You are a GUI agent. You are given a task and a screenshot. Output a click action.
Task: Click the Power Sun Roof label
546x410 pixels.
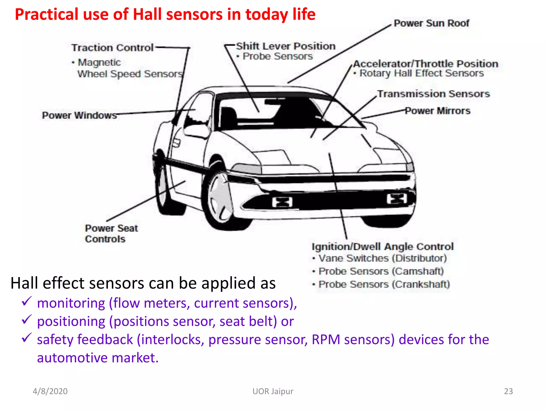click(x=431, y=23)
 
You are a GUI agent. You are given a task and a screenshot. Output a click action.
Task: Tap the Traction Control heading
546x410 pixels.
click(x=112, y=48)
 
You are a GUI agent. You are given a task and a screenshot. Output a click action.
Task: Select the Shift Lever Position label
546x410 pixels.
click(x=286, y=46)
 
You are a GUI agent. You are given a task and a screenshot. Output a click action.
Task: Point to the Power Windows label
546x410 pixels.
click(x=79, y=115)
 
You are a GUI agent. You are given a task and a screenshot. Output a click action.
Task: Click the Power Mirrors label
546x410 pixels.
click(x=437, y=111)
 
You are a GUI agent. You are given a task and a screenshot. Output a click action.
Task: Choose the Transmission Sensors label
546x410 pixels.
click(x=433, y=94)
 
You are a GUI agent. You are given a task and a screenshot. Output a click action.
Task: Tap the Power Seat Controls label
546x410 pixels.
click(x=111, y=234)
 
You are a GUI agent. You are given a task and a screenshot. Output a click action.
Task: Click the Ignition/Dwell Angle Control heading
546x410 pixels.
click(x=383, y=247)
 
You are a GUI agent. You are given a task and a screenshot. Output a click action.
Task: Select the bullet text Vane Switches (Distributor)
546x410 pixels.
click(x=382, y=258)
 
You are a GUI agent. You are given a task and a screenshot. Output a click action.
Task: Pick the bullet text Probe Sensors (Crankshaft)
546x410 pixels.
click(x=384, y=284)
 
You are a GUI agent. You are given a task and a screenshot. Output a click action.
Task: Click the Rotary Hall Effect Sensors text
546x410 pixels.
click(x=421, y=73)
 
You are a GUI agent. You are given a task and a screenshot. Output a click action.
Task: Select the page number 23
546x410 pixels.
click(x=508, y=391)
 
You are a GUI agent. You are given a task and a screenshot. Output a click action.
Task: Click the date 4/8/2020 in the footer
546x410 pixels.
click(x=50, y=391)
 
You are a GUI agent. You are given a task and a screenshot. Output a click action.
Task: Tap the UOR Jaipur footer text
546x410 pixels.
click(x=273, y=391)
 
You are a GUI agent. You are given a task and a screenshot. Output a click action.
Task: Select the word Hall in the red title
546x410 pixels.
click(x=147, y=14)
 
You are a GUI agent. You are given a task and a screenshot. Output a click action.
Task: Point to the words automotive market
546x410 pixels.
click(x=98, y=358)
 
